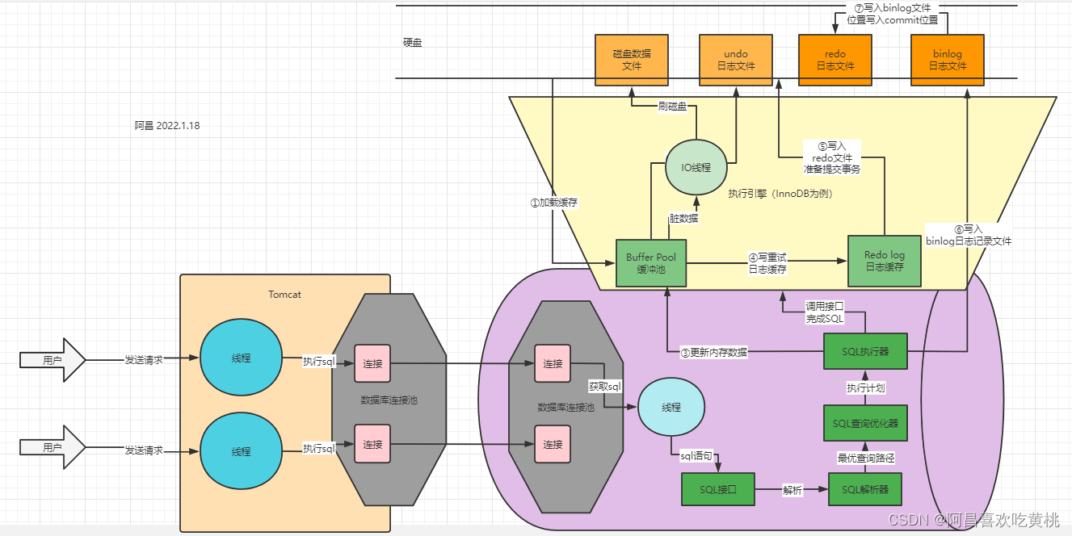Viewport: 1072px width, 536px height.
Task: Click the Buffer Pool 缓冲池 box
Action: click(651, 263)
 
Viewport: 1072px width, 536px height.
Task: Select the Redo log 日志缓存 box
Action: click(885, 260)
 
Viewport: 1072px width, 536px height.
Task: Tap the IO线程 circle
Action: click(696, 167)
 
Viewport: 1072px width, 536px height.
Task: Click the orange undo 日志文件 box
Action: click(735, 60)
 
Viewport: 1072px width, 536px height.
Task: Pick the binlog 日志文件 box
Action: click(947, 60)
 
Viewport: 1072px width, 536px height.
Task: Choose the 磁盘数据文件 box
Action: click(632, 60)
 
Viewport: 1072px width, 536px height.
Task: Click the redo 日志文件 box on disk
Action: click(835, 60)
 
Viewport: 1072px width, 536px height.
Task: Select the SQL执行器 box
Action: click(865, 351)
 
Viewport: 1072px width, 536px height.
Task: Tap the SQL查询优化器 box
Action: click(865, 423)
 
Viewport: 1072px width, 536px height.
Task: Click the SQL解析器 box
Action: click(865, 490)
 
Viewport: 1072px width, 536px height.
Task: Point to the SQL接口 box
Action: click(717, 490)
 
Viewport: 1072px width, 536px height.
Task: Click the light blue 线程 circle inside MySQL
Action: click(671, 408)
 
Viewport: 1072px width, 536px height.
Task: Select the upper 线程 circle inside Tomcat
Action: click(241, 358)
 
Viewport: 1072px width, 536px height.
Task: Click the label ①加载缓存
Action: click(553, 203)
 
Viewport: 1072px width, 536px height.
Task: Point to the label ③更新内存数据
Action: click(713, 352)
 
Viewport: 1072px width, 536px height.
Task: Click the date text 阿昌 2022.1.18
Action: click(167, 125)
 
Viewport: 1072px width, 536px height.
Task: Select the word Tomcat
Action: click(284, 295)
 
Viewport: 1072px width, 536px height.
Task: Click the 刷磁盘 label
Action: click(672, 106)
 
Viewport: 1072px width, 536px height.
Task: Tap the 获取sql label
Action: click(605, 387)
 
